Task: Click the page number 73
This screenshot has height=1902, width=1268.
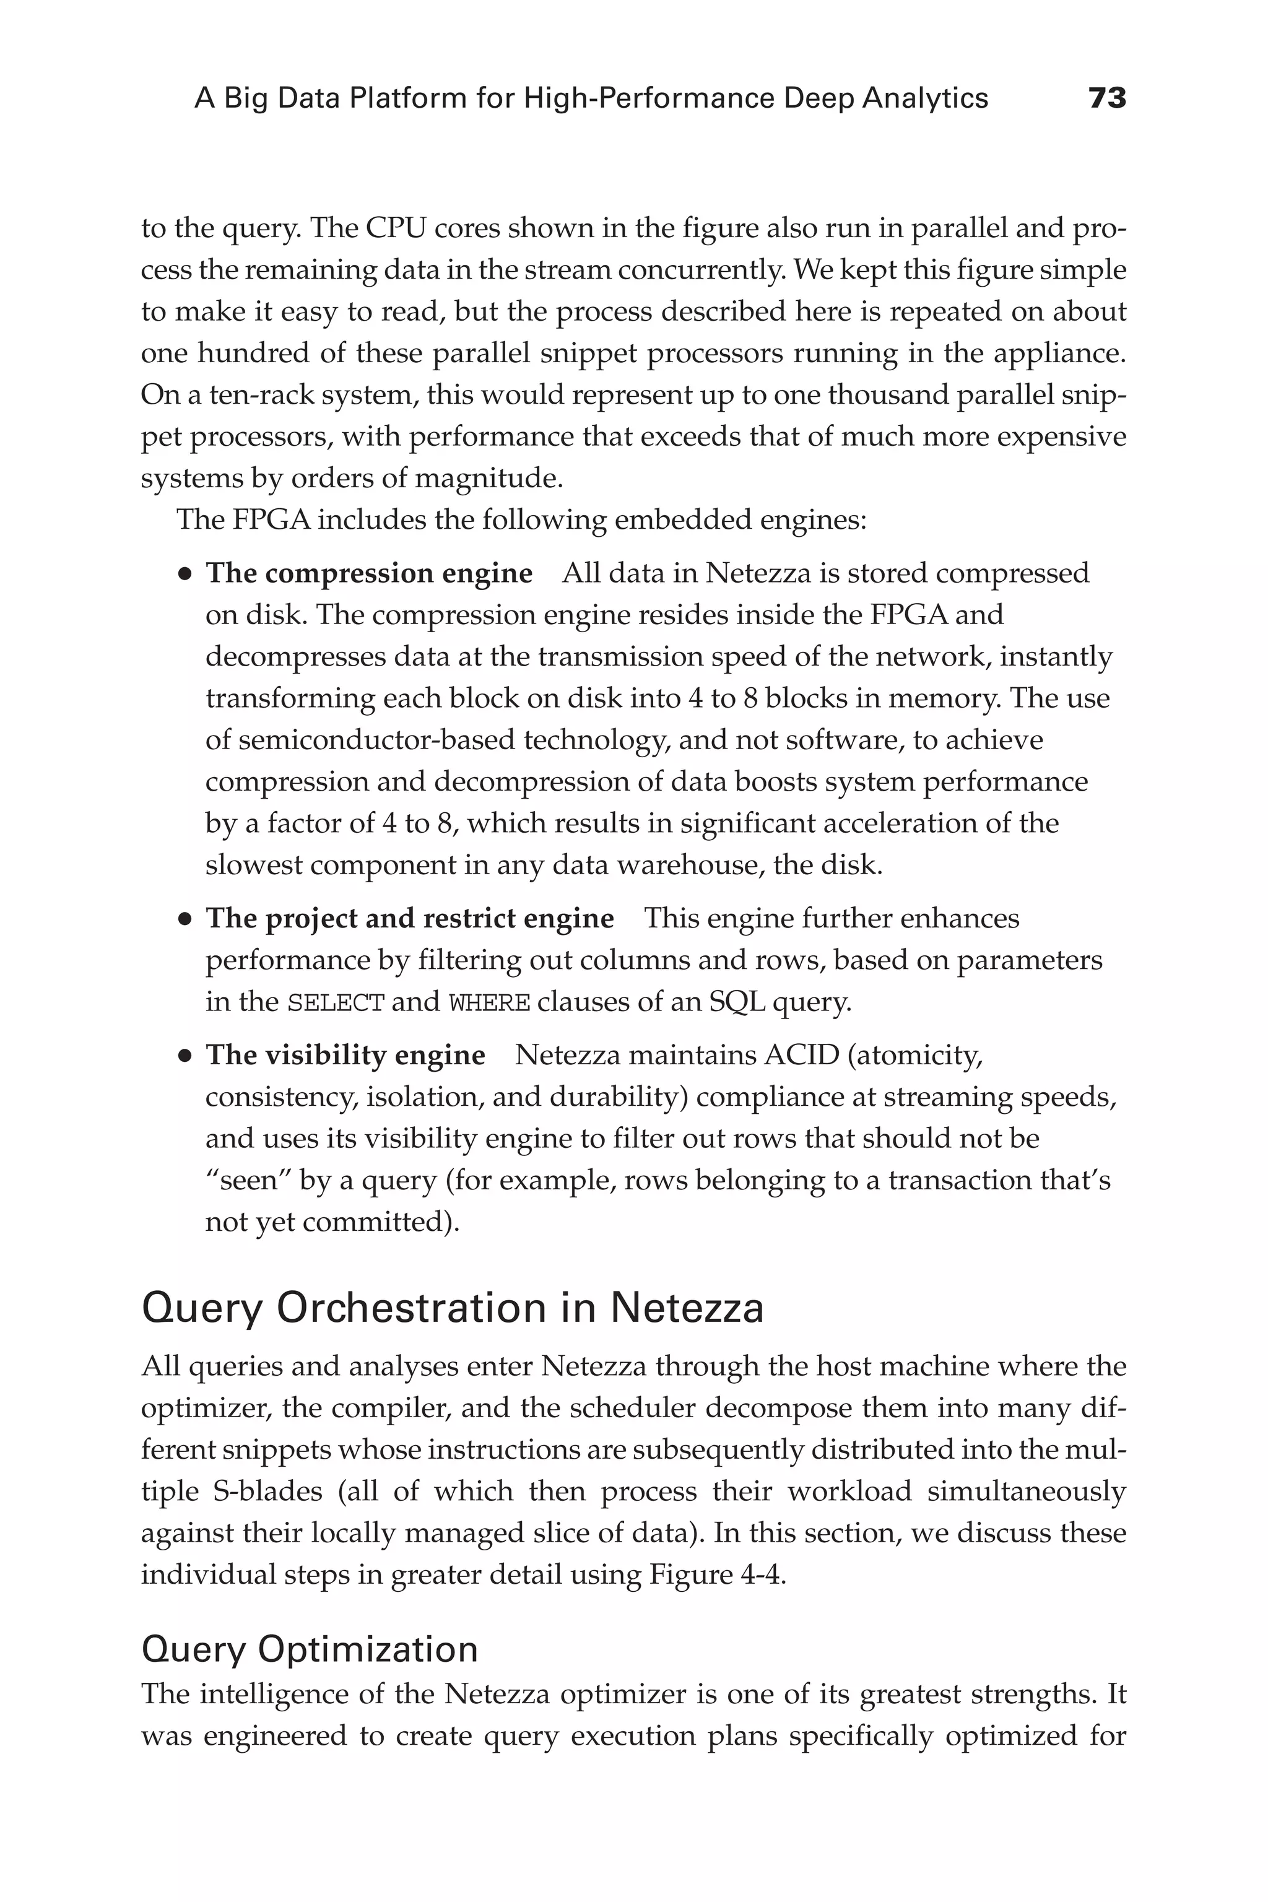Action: pyautogui.click(x=1106, y=98)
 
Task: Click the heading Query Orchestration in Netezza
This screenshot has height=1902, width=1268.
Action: pyautogui.click(x=452, y=1308)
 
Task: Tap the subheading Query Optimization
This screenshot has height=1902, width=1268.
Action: pyautogui.click(x=309, y=1649)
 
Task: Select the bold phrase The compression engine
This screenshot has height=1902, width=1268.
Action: pyautogui.click(x=369, y=573)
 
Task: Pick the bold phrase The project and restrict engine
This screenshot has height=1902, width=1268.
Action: pyautogui.click(x=409, y=919)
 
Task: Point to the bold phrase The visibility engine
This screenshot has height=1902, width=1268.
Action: pyautogui.click(x=345, y=1055)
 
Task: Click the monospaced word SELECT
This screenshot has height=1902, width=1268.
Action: pyautogui.click(x=336, y=1004)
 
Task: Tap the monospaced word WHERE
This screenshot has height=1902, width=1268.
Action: pyautogui.click(x=489, y=1004)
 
